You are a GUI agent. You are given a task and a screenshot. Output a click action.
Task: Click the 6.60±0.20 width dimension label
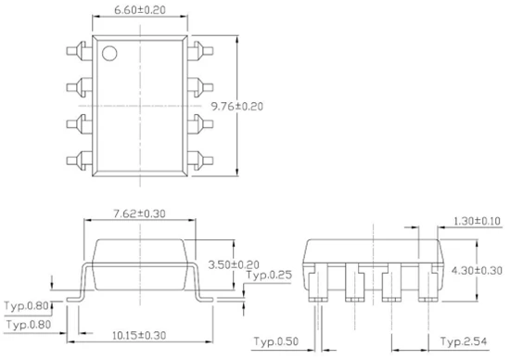pos(140,10)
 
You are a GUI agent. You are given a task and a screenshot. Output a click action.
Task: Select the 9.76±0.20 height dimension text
pos(237,107)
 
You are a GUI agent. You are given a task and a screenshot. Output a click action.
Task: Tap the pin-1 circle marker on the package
pos(109,54)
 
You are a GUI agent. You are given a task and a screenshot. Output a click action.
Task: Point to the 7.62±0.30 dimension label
pos(139,213)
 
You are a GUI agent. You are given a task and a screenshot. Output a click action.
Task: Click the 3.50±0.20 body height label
pos(234,264)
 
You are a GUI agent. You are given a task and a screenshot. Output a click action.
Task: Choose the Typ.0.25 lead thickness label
pos(269,275)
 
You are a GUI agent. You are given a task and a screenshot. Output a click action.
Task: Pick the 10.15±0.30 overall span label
pos(139,335)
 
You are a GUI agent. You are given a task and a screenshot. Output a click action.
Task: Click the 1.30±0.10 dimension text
pos(478,222)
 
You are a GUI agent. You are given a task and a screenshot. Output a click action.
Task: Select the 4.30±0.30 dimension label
pos(477,271)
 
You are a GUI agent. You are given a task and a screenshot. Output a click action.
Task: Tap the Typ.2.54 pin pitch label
pos(464,341)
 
